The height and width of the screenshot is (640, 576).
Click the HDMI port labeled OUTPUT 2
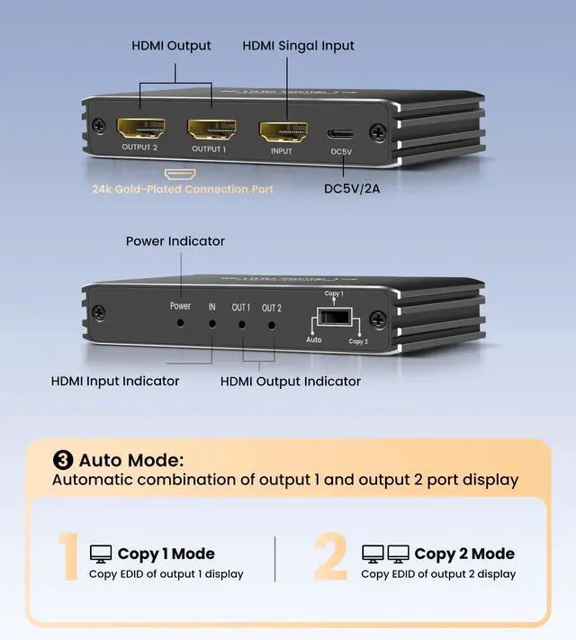[x=139, y=130]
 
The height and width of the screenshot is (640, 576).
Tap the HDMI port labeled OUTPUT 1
[x=211, y=130]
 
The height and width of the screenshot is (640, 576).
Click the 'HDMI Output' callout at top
[x=171, y=45]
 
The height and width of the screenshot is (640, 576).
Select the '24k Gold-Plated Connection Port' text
[x=183, y=189]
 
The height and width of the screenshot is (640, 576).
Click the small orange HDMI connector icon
[x=175, y=170]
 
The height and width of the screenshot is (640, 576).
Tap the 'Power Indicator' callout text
[x=175, y=241]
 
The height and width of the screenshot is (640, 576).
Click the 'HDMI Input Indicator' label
[x=115, y=381]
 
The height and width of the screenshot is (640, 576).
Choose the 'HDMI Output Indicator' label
[x=291, y=381]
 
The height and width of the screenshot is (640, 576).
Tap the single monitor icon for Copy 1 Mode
[x=100, y=554]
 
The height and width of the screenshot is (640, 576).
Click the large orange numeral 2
[x=331, y=559]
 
